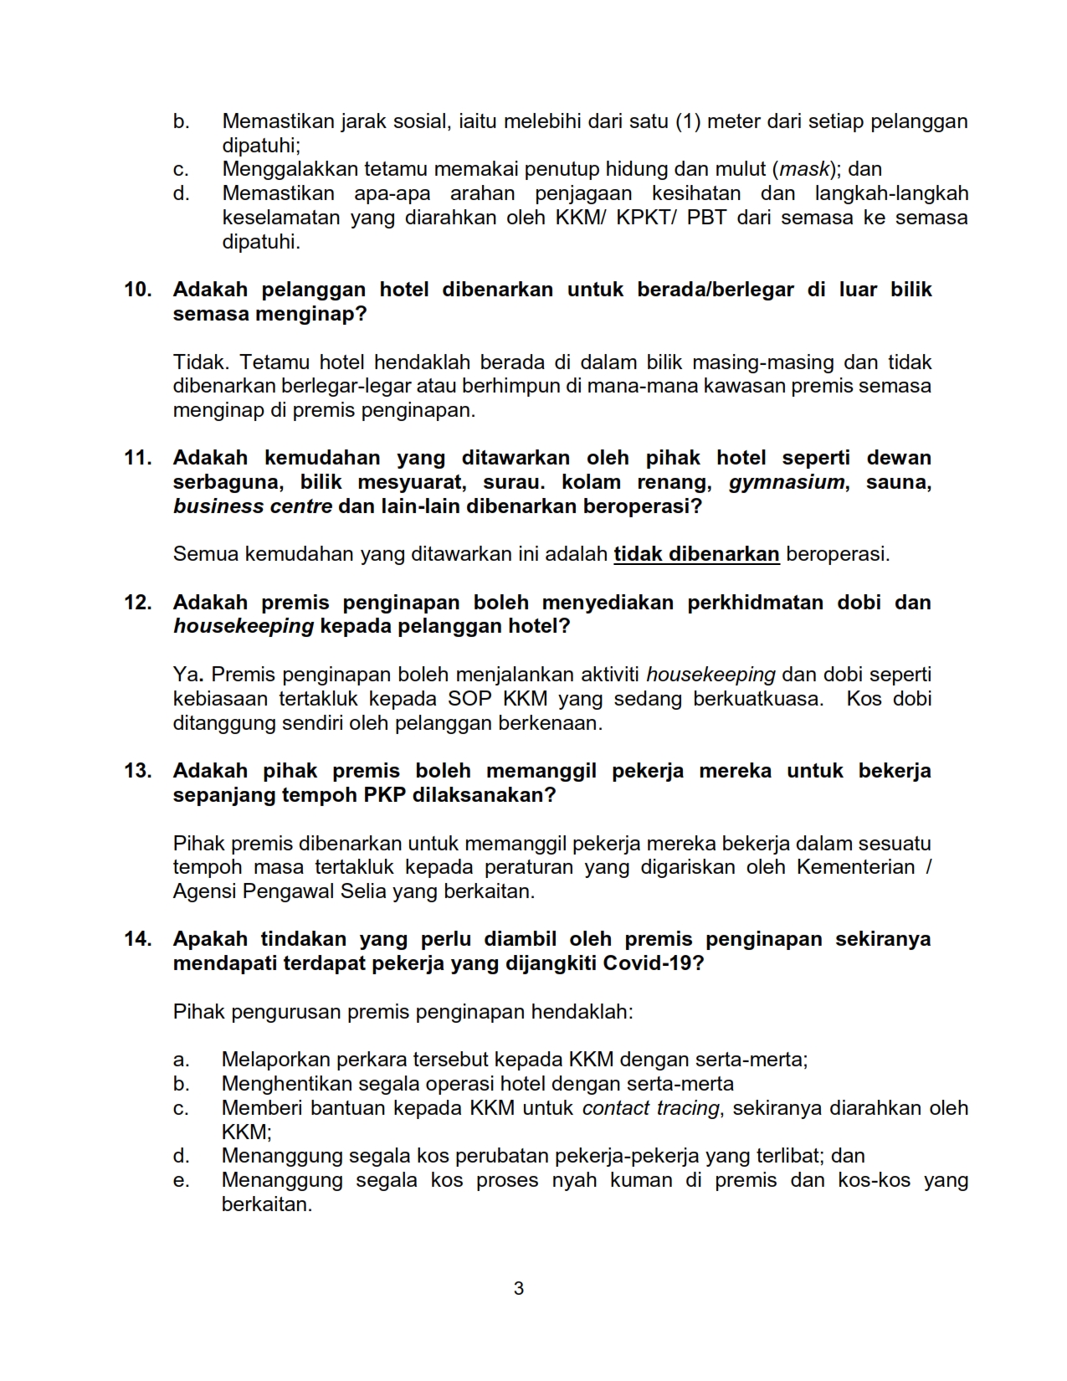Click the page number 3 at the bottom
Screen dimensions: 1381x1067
518,1288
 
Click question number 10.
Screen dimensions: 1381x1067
138,290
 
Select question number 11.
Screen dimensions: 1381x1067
138,458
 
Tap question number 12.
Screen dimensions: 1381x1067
138,603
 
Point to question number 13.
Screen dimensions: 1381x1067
138,771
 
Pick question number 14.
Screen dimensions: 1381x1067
138,939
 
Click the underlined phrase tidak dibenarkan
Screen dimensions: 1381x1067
696,554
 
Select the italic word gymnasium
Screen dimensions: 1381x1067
787,482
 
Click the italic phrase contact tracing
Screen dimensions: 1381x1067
650,1108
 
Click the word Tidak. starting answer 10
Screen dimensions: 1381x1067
200,362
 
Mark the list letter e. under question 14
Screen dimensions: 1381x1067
181,1181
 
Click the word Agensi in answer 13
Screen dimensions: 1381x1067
204,891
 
